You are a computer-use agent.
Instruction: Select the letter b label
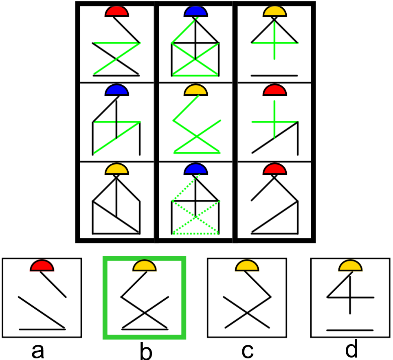[x=145, y=351]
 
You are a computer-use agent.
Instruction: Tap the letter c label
[x=247, y=350]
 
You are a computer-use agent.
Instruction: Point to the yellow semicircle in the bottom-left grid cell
[x=117, y=169]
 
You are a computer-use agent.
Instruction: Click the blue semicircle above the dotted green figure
[x=195, y=169]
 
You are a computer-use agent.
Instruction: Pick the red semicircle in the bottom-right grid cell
[x=274, y=169]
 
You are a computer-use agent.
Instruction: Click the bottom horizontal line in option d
[x=350, y=329]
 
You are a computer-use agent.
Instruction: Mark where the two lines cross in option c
[x=246, y=312]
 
